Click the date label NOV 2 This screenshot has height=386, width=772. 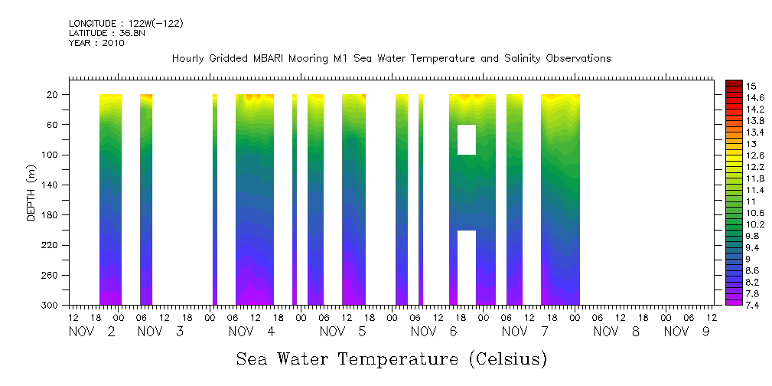click(92, 332)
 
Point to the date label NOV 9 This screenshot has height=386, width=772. click(686, 332)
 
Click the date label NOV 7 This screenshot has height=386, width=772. click(526, 332)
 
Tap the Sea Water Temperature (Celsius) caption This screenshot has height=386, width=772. click(392, 359)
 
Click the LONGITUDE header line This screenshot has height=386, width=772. click(125, 24)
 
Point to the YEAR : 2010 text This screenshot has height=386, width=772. click(96, 43)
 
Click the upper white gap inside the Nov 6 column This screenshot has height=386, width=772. click(466, 139)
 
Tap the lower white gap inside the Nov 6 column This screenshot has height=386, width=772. click(466, 267)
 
